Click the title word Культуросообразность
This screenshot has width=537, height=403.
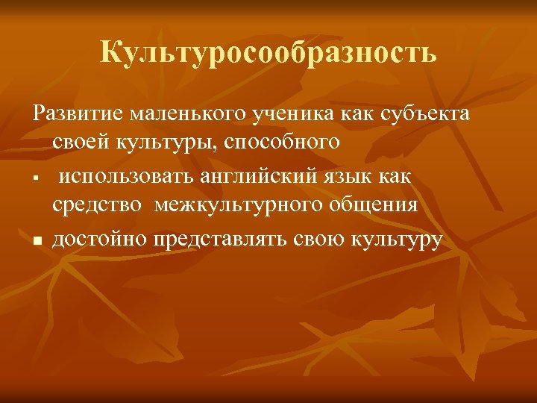268,53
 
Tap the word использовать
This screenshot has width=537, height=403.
128,176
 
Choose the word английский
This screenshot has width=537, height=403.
260,176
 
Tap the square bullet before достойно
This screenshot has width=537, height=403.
36,241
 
